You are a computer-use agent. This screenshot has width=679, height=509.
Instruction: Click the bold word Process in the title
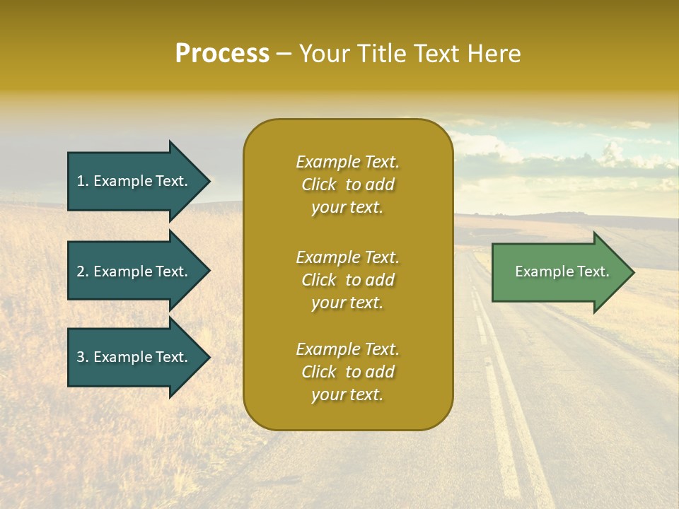(222, 54)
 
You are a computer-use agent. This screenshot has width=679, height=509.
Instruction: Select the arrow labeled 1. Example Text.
(134, 181)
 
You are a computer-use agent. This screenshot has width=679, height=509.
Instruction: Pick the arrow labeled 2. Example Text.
(134, 271)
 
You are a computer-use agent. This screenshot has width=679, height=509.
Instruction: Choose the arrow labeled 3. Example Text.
(134, 357)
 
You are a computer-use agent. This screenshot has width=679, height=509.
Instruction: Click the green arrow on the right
(559, 271)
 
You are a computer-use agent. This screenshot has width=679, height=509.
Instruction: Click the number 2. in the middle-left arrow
(83, 271)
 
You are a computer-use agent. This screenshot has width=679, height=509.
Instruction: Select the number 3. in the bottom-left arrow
(83, 357)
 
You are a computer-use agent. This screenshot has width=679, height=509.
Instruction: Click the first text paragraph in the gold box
(347, 185)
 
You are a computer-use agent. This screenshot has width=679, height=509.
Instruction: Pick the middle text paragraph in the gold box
(347, 280)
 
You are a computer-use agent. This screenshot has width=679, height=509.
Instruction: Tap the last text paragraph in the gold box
(347, 372)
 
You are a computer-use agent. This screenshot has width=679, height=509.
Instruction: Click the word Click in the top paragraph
(319, 185)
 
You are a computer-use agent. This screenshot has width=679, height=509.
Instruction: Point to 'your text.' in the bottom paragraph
(347, 394)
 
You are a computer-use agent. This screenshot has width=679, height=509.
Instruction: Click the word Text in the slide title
(435, 54)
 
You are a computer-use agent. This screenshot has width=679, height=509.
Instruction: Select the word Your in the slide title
(323, 54)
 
